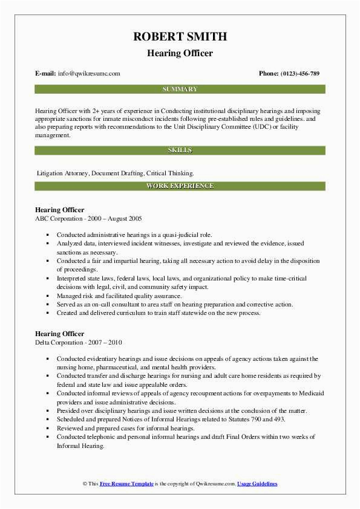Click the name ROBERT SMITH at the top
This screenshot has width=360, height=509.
(x=180, y=37)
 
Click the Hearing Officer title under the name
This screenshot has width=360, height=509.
(x=180, y=53)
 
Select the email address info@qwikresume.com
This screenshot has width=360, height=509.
(x=89, y=74)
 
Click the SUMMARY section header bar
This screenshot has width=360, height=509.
(x=180, y=89)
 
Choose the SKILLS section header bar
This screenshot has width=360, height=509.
(x=180, y=150)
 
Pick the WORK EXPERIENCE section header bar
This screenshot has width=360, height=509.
(x=180, y=186)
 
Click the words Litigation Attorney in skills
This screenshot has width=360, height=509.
(x=63, y=172)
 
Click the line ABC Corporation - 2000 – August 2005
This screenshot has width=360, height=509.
(x=88, y=218)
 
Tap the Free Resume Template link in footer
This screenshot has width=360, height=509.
(x=127, y=484)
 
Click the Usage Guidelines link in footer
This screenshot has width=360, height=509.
(x=257, y=484)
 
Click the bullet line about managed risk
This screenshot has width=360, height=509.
(x=119, y=296)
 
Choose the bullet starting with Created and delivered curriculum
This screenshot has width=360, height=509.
(x=159, y=313)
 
